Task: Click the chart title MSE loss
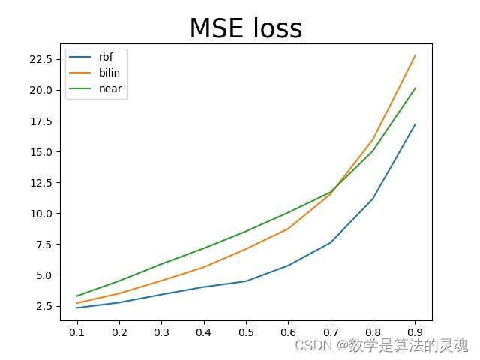coord(245,28)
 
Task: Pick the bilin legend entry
coord(109,73)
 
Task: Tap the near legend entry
coord(109,88)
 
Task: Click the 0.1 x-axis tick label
coord(76,331)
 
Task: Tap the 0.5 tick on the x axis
coord(246,331)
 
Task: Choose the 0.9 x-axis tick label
coord(415,331)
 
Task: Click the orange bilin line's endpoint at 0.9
coord(415,55)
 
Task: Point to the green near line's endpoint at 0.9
coord(415,88)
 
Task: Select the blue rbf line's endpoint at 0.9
coord(415,124)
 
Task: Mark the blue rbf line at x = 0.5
coord(246,281)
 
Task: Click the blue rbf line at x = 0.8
coord(373,199)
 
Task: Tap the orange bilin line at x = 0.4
coord(203,267)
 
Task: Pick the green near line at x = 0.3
coord(161,264)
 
